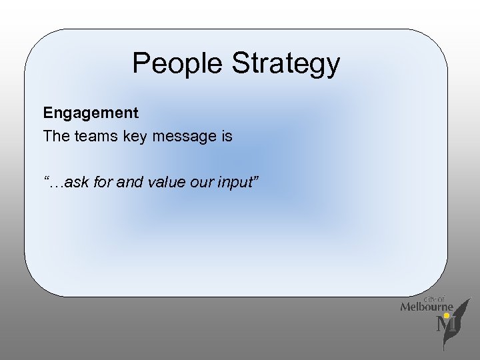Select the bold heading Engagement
click(x=91, y=113)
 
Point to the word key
click(x=131, y=137)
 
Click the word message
click(x=183, y=137)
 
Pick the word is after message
click(x=226, y=137)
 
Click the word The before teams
click(x=55, y=137)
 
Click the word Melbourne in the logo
click(x=427, y=307)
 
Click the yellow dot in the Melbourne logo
click(x=447, y=315)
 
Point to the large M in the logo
click(x=443, y=326)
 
